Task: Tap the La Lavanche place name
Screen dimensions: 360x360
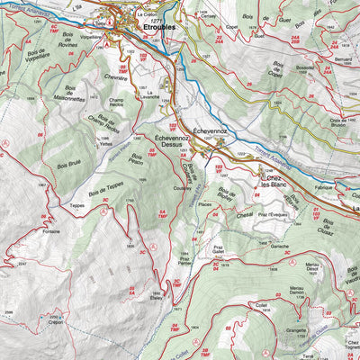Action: click(149, 96)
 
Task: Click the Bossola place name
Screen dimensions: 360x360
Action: click(305, 68)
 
